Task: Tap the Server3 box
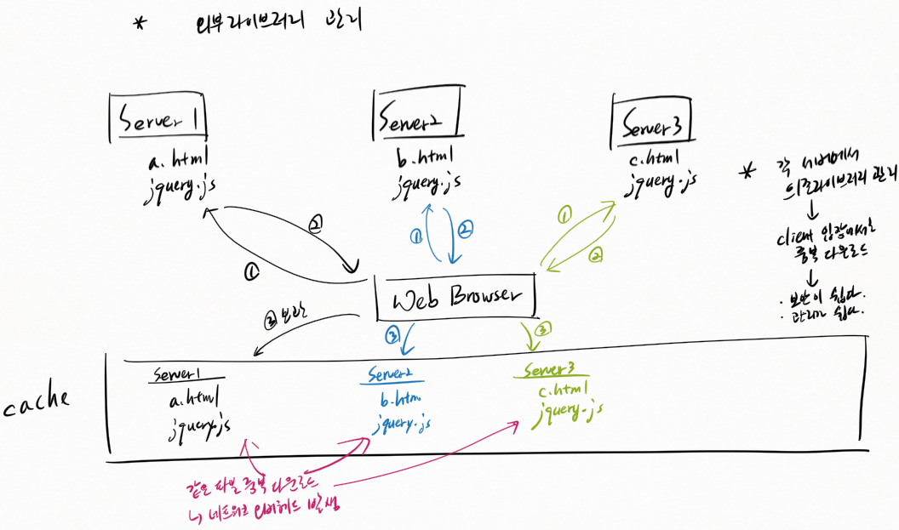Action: click(x=653, y=123)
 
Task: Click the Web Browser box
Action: click(x=456, y=296)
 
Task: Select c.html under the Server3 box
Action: click(x=652, y=157)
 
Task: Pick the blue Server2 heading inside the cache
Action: click(x=396, y=374)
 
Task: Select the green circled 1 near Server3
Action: click(x=563, y=216)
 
